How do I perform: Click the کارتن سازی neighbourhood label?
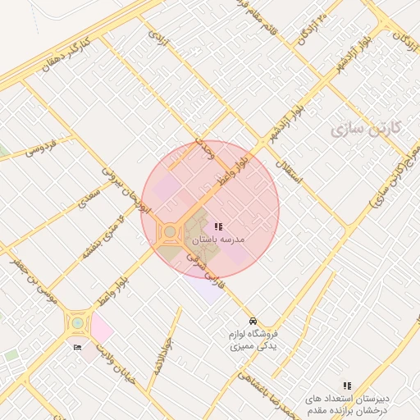[x=366, y=129]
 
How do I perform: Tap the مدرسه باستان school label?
[x=219, y=241]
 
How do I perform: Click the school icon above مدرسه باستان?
[x=218, y=226]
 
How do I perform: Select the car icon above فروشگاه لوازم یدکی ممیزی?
[x=253, y=321]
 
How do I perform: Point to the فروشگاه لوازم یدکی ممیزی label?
[x=253, y=340]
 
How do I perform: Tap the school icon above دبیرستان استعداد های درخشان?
[x=347, y=385]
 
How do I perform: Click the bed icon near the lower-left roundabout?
[x=78, y=348]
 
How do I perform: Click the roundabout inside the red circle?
[x=170, y=232]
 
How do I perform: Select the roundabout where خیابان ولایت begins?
[x=77, y=322]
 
